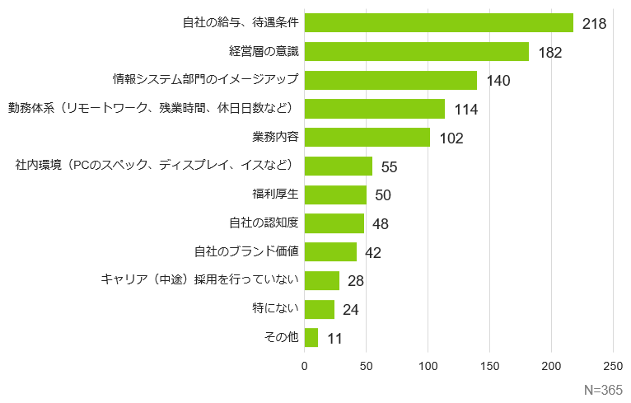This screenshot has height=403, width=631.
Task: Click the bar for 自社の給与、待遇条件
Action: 438,23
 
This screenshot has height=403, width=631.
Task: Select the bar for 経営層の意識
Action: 416,52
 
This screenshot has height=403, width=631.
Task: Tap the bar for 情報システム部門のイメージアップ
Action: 390,80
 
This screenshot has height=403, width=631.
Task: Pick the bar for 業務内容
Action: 367,138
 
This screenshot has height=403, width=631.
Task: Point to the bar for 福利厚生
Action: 335,194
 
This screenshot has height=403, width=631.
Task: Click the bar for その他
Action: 311,338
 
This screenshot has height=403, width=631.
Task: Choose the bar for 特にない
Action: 320,309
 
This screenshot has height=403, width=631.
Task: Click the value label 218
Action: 594,24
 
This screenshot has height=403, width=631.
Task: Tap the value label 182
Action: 549,53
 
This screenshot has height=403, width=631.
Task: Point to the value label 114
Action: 465,110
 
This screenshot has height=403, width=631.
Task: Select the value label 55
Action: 389,167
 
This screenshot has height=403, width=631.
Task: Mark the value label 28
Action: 356,281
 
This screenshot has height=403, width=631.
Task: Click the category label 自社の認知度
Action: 263,223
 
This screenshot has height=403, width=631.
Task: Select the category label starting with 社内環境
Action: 156,166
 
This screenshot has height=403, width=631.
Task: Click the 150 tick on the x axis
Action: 490,365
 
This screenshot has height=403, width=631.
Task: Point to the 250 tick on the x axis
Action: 613,365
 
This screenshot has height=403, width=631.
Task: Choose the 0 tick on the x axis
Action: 305,365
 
